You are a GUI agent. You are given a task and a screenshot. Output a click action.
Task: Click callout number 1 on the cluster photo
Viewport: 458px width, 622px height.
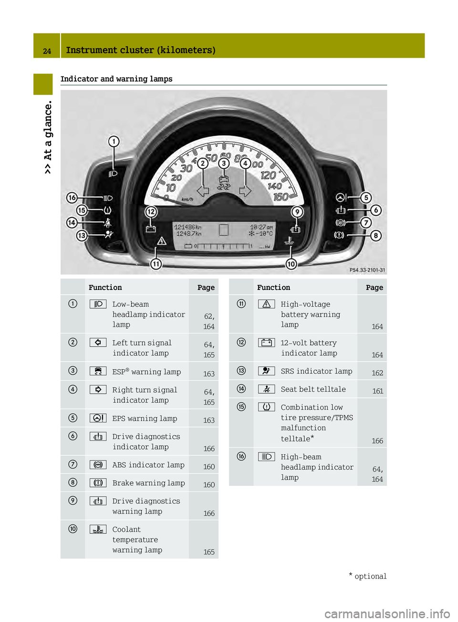click(114, 141)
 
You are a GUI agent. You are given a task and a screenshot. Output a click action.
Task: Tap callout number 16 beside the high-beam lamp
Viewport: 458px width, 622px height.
click(72, 198)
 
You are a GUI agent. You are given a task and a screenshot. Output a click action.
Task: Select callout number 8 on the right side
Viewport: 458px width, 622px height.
click(376, 236)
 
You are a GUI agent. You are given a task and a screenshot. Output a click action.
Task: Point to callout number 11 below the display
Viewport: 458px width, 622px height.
click(156, 264)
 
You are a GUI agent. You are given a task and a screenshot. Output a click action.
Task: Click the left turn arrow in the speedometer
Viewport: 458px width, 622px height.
click(203, 191)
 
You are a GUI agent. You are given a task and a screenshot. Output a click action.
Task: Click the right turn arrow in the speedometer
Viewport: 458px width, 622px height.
click(245, 191)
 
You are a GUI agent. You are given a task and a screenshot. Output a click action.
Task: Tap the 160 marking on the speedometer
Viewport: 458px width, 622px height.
click(281, 197)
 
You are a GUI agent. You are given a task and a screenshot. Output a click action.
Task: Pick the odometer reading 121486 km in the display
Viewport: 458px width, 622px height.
click(187, 227)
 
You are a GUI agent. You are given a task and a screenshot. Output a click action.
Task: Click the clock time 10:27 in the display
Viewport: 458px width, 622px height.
click(261, 227)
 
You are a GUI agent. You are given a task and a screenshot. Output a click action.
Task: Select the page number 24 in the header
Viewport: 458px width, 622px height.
click(47, 51)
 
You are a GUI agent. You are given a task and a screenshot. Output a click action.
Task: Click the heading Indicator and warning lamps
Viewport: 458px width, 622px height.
click(116, 79)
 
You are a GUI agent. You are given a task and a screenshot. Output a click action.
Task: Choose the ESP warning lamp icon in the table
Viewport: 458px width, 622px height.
click(98, 371)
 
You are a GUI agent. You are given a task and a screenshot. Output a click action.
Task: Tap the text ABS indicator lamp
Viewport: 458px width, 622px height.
click(148, 465)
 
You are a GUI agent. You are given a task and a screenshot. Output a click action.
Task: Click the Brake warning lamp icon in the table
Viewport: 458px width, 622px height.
click(98, 483)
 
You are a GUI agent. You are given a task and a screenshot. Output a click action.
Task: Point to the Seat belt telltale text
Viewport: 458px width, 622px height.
click(313, 389)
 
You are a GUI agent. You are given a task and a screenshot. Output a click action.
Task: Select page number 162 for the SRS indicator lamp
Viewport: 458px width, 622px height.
click(377, 373)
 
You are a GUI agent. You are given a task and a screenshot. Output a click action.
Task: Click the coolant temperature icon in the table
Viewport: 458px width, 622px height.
click(98, 529)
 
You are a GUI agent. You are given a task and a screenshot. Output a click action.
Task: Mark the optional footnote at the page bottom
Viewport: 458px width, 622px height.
click(368, 576)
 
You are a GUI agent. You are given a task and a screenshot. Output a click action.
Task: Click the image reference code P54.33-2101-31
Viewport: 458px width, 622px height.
click(367, 270)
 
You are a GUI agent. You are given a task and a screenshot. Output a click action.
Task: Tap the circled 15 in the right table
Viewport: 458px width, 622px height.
click(241, 407)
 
